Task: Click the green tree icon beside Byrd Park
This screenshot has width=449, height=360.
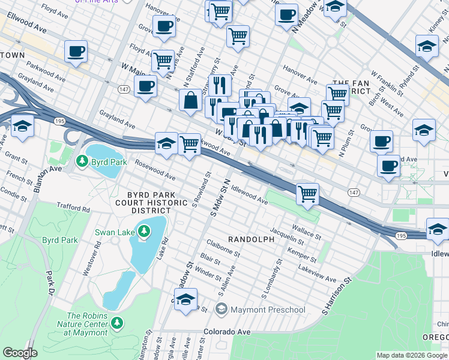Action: [82, 161]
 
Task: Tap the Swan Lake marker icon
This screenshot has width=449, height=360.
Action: [143, 230]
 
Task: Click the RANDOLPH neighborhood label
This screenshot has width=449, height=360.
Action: [250, 239]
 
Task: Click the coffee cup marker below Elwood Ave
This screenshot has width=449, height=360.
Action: [76, 52]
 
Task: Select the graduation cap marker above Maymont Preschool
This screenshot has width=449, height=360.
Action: [186, 299]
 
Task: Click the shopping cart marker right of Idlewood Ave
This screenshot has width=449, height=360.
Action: [307, 194]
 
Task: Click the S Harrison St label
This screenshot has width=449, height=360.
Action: [336, 296]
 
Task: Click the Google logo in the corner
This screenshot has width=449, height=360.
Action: [20, 353]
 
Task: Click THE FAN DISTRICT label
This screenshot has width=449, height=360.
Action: [352, 88]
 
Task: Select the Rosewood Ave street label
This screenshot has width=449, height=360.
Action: [155, 170]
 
